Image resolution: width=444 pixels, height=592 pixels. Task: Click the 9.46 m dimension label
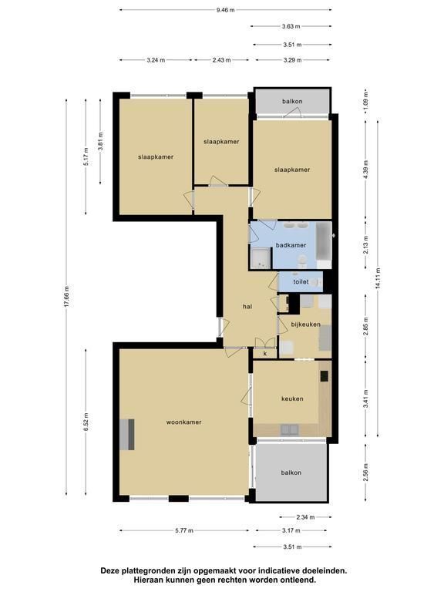click(x=225, y=10)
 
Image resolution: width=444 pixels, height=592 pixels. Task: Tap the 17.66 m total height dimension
click(x=67, y=296)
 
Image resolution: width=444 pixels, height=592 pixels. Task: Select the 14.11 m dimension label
click(x=378, y=278)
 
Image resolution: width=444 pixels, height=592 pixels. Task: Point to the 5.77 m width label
click(x=184, y=530)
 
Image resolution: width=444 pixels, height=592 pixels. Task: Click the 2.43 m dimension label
click(x=222, y=60)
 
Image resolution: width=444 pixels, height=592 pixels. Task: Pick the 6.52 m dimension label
click(x=86, y=422)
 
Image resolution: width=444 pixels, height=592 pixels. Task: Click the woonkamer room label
click(x=184, y=422)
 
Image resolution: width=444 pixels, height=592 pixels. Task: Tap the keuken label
click(x=292, y=399)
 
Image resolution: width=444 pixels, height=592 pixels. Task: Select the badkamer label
click(x=291, y=245)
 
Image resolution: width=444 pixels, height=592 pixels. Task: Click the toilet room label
click(x=301, y=281)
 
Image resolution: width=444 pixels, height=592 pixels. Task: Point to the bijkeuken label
click(x=305, y=325)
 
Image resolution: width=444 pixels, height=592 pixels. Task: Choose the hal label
click(x=247, y=307)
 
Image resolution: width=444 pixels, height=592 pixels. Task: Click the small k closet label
click(x=265, y=354)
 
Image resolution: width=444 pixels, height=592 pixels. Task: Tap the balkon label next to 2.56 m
click(x=291, y=473)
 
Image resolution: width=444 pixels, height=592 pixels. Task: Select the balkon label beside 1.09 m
click(x=292, y=101)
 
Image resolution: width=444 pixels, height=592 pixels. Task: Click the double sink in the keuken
click(x=290, y=429)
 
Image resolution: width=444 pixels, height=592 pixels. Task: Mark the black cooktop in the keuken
click(x=324, y=376)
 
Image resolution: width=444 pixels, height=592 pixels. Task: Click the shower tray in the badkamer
click(x=261, y=258)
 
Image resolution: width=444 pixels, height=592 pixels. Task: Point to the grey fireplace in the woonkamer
click(x=127, y=435)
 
